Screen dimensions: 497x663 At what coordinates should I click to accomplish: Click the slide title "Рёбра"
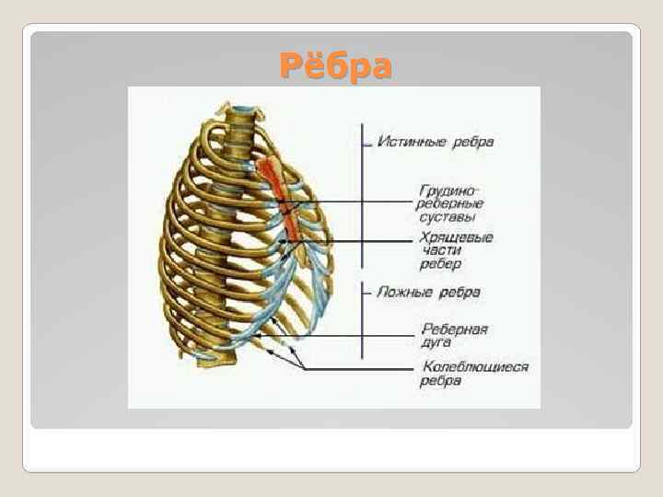pyautogui.click(x=335, y=66)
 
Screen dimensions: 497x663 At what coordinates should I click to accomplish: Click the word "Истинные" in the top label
pyautogui.click(x=411, y=142)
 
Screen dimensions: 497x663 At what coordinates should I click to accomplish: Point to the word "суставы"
pyautogui.click(x=448, y=218)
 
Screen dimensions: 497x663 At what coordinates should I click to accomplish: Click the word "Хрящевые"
pyautogui.click(x=457, y=237)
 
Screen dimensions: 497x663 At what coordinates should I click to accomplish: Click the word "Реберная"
pyautogui.click(x=455, y=329)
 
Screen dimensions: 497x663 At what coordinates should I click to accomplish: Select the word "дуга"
pyautogui.click(x=436, y=342)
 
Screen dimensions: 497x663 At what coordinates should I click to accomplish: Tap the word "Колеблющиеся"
pyautogui.click(x=475, y=367)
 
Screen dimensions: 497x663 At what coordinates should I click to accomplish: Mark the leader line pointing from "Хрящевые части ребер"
pyautogui.click(x=359, y=241)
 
